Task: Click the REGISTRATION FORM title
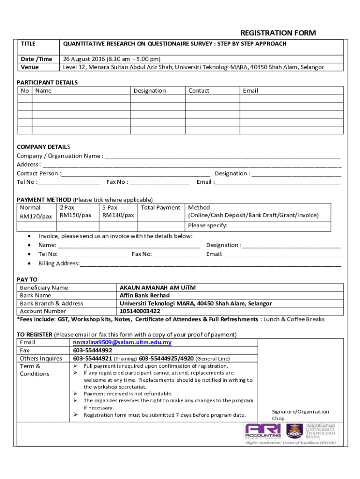coord(278,33)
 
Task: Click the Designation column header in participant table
coord(150,91)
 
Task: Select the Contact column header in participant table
coord(199,91)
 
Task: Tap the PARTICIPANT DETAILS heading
coord(47,82)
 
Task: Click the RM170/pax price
coord(36,217)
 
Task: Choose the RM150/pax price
coord(75,215)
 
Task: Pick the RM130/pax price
coord(118,215)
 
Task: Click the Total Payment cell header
coord(160,208)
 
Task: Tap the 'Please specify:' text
coord(208,226)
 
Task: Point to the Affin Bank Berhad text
coord(144,296)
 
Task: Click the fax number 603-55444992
coord(93,350)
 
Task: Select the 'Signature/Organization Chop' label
coord(300,415)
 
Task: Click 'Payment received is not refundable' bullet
coord(128,393)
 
